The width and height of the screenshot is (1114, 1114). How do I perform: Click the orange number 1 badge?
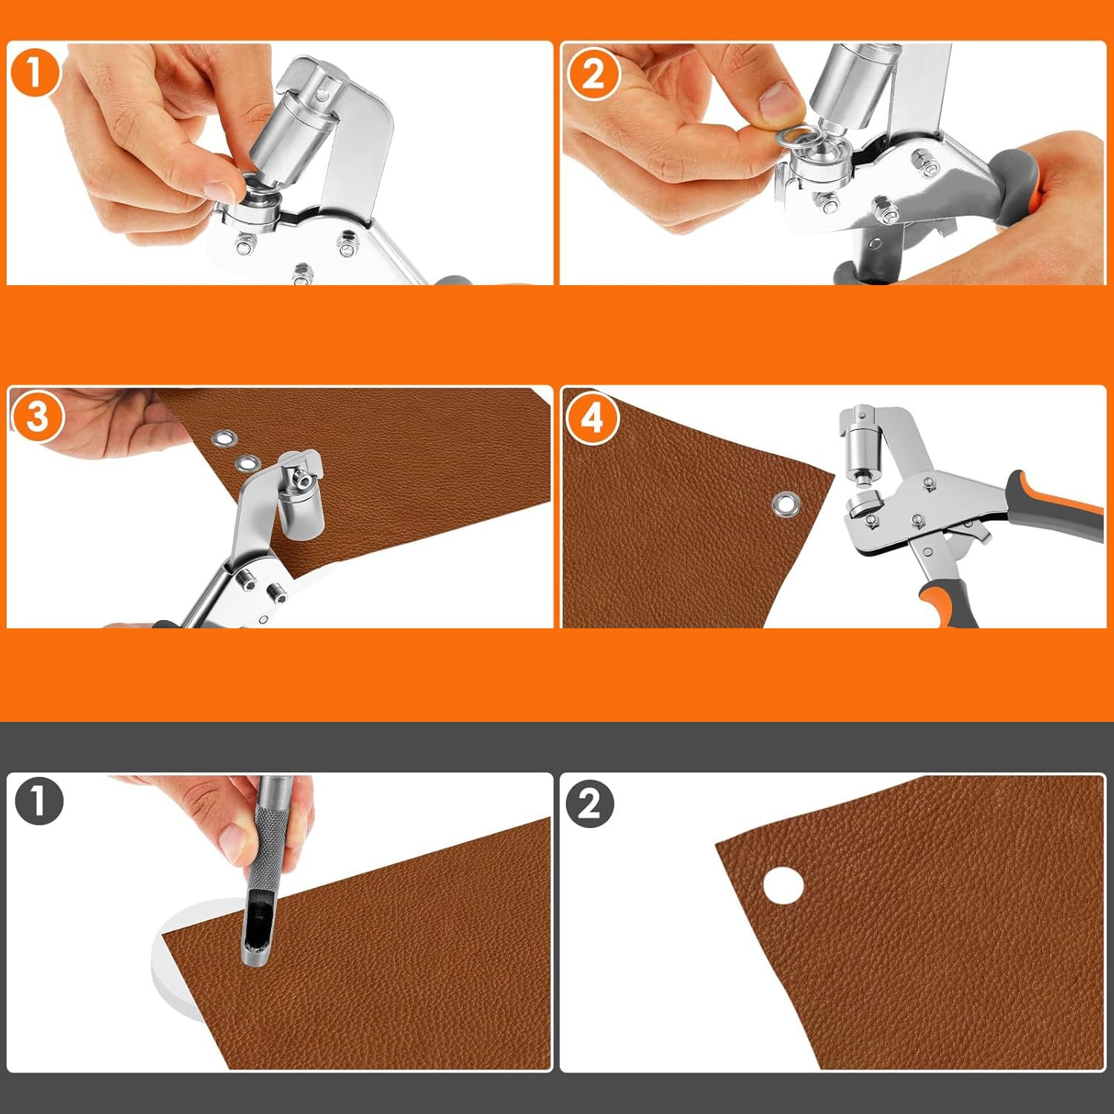coord(34,72)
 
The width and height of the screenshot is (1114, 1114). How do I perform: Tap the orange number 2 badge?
coord(593,74)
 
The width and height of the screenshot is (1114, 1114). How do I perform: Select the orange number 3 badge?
coord(36,417)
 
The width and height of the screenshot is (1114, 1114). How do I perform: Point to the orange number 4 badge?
coord(591,418)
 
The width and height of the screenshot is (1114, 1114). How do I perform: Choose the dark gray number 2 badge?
coord(590,803)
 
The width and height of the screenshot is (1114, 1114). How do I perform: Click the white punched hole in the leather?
coord(784,886)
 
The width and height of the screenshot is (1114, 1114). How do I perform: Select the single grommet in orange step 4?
coord(785,504)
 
